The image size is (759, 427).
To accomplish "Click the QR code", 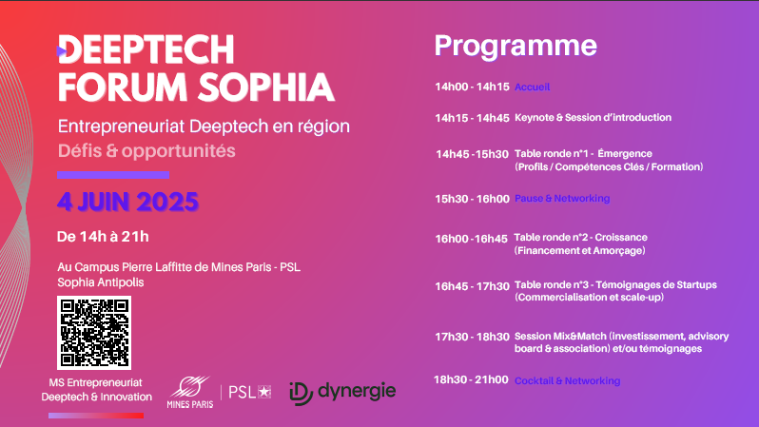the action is click(x=94, y=333).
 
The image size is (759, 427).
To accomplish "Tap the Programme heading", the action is click(x=516, y=47).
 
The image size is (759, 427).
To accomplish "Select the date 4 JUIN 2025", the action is click(x=127, y=202).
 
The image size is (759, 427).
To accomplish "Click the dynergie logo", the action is click(x=342, y=392).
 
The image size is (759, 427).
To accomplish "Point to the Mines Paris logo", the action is click(x=190, y=392).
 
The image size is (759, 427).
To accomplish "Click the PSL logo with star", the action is click(x=250, y=392).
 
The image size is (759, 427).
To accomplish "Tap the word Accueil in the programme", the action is click(x=532, y=87).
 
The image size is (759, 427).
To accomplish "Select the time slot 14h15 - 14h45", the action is click(x=472, y=118).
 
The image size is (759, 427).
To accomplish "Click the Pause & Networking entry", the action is click(x=562, y=199).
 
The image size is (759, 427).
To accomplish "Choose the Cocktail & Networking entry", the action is click(x=567, y=381).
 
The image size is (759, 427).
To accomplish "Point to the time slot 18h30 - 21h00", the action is click(x=471, y=379).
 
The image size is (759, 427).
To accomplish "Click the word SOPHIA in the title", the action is click(x=266, y=87).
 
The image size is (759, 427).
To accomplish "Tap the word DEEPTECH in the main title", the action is click(x=146, y=49).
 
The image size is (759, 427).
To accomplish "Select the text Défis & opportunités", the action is click(x=146, y=151).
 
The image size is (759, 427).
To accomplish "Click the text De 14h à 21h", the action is click(x=103, y=237).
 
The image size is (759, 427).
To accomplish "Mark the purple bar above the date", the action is click(x=113, y=175).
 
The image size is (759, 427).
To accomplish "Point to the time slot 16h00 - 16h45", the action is click(x=471, y=239).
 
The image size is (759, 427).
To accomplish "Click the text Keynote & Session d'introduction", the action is click(x=593, y=118).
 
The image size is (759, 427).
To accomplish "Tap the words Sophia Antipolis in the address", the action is click(x=101, y=282).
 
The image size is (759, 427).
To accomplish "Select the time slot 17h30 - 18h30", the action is click(x=472, y=337).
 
